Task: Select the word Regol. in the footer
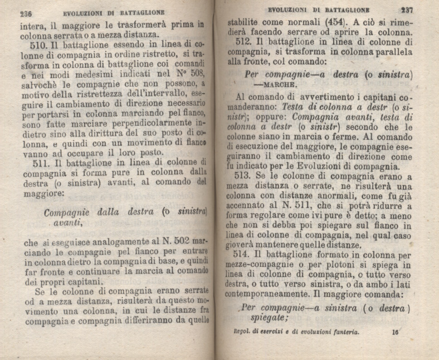point(246,333)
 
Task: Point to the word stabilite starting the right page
point(251,23)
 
